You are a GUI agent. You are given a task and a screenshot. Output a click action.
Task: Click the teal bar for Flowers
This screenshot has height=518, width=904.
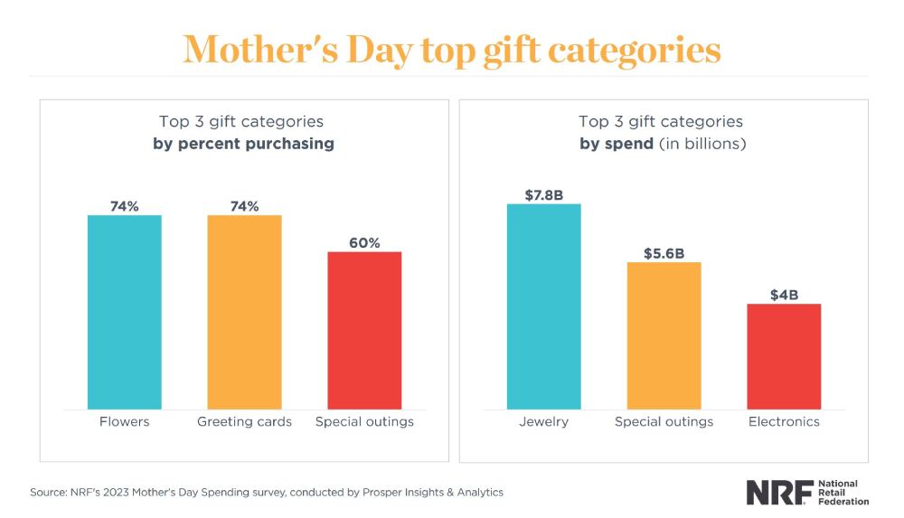pyautogui.click(x=124, y=312)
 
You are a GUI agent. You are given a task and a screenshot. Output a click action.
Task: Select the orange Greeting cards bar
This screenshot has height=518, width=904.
pyautogui.click(x=244, y=312)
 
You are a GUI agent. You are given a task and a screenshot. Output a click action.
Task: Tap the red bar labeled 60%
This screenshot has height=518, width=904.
pyautogui.click(x=364, y=330)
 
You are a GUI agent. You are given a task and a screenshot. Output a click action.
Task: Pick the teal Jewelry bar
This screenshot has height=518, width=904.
pyautogui.click(x=543, y=306)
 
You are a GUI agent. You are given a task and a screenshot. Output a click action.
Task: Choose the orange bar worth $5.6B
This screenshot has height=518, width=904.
pyautogui.click(x=664, y=335)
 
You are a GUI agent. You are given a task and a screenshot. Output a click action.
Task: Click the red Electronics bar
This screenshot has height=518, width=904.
pyautogui.click(x=784, y=356)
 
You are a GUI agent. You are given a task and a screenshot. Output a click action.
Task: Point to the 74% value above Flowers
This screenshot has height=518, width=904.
pyautogui.click(x=124, y=206)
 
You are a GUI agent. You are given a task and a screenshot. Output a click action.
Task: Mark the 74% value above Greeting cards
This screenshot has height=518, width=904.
pyautogui.click(x=244, y=206)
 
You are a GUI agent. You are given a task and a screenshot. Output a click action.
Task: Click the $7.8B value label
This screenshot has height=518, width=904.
pyautogui.click(x=543, y=194)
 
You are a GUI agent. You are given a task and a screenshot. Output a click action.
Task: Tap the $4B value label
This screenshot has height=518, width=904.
pyautogui.click(x=784, y=295)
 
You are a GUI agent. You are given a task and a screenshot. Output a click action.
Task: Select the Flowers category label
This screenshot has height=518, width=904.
pyautogui.click(x=124, y=421)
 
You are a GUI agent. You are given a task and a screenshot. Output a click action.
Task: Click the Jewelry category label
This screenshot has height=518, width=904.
pyautogui.click(x=543, y=421)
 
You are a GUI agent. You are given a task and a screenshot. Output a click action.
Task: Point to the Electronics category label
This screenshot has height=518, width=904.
pyautogui.click(x=784, y=421)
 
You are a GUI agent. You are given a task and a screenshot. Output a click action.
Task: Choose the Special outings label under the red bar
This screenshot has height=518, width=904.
pyautogui.click(x=364, y=421)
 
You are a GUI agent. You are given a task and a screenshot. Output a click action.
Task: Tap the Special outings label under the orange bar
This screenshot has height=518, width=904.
pyautogui.click(x=664, y=421)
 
